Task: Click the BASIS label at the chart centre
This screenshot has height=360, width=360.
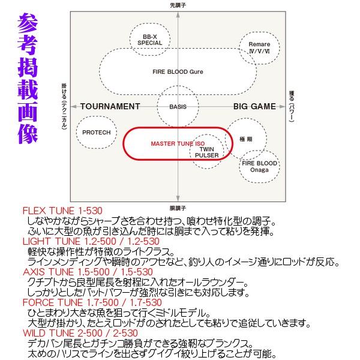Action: pos(178,107)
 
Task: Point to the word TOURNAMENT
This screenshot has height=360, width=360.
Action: pos(110,107)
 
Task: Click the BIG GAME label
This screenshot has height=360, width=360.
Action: pos(254,107)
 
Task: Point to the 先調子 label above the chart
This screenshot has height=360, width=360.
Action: pos(179,4)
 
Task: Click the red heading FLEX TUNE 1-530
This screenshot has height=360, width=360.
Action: pos(62,211)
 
